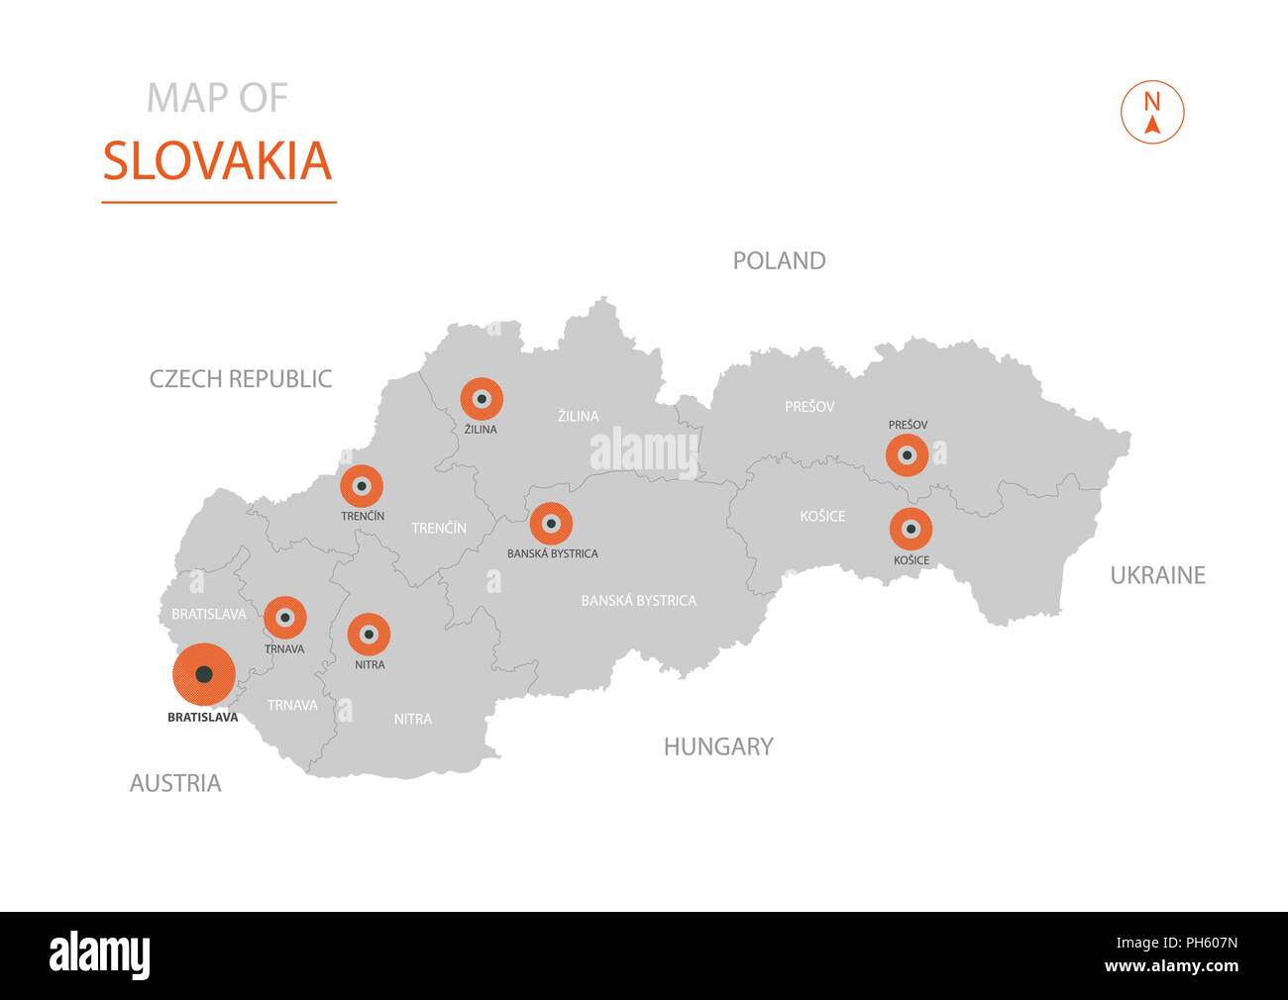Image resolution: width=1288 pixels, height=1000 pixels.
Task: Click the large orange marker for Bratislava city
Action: point(203,674)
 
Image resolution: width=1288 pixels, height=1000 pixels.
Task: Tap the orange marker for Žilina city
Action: point(482,399)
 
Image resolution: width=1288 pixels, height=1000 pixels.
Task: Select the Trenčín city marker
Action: point(362,486)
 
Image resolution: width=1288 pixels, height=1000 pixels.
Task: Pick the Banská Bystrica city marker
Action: point(551,524)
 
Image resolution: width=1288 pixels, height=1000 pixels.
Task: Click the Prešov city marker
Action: point(908,455)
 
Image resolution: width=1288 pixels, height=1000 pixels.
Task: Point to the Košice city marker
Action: point(911,530)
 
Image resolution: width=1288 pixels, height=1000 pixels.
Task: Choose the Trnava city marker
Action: point(285,618)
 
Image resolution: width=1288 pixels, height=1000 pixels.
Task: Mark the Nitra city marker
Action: point(369,634)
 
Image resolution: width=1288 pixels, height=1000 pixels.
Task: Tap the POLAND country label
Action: point(779,260)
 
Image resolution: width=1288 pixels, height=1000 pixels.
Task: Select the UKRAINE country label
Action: point(1157,575)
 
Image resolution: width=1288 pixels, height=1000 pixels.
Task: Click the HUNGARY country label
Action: point(718,747)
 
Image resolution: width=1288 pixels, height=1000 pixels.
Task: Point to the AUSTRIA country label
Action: point(175,784)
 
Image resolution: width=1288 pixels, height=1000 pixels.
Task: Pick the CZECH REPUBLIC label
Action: point(241,378)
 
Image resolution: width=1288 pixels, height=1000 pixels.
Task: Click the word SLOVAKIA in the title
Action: point(217,161)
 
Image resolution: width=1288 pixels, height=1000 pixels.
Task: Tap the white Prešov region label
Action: point(809,407)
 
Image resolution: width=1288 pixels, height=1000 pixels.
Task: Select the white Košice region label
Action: point(822,516)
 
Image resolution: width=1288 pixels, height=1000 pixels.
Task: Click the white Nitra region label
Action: point(412,719)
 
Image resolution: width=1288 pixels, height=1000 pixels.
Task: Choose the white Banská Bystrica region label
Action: point(638,600)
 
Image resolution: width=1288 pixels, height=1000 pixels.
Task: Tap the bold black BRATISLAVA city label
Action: point(203,718)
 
